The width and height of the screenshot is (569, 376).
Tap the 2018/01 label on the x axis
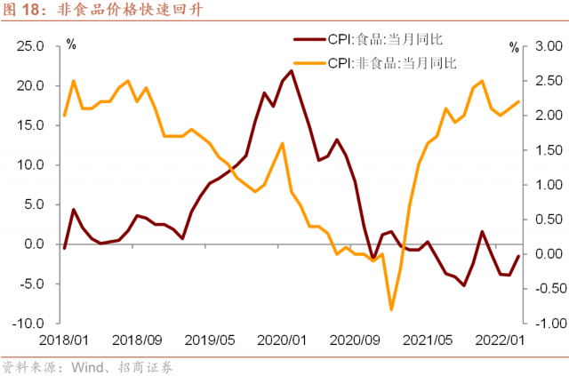(x=64, y=340)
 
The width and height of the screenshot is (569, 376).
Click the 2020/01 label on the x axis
(x=281, y=340)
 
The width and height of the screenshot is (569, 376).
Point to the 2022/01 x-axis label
(x=499, y=340)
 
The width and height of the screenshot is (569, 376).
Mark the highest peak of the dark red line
(x=292, y=70)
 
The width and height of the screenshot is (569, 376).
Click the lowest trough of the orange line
(x=391, y=310)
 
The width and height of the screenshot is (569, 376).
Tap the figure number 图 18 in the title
(x=25, y=11)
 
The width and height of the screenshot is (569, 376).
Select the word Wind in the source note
(x=84, y=364)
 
